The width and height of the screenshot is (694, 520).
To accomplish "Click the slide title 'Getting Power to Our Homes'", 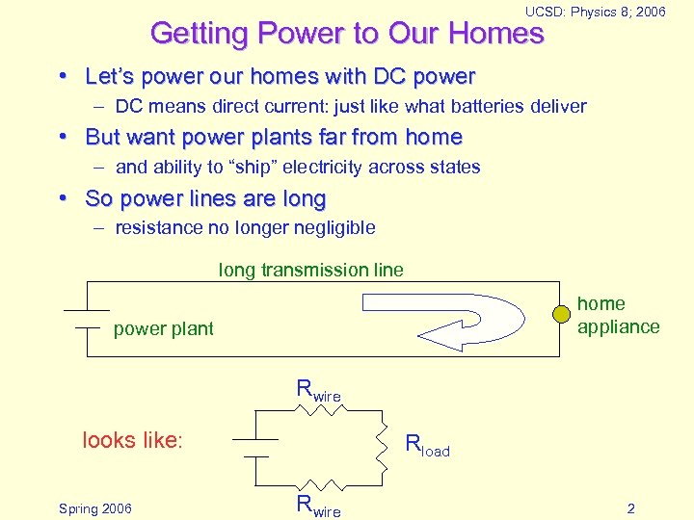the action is pos(347,34).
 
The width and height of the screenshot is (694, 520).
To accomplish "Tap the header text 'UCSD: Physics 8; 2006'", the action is pos(595,12).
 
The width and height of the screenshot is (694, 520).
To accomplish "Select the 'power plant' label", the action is pos(163,329).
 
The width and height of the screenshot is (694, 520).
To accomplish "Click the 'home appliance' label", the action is pos(618,315).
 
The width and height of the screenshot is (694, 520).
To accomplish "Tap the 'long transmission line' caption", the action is pos(311,271).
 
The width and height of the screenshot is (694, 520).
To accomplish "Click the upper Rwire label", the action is pos(318,391).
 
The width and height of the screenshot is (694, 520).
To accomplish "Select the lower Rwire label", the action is pos(318,506).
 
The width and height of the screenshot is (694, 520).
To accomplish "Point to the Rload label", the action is pos(427,446).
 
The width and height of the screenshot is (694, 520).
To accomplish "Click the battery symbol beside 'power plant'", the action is pos(87,320).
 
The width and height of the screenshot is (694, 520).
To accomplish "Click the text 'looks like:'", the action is pos(132,441).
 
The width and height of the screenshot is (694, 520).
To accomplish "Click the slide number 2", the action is pos(630,508).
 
